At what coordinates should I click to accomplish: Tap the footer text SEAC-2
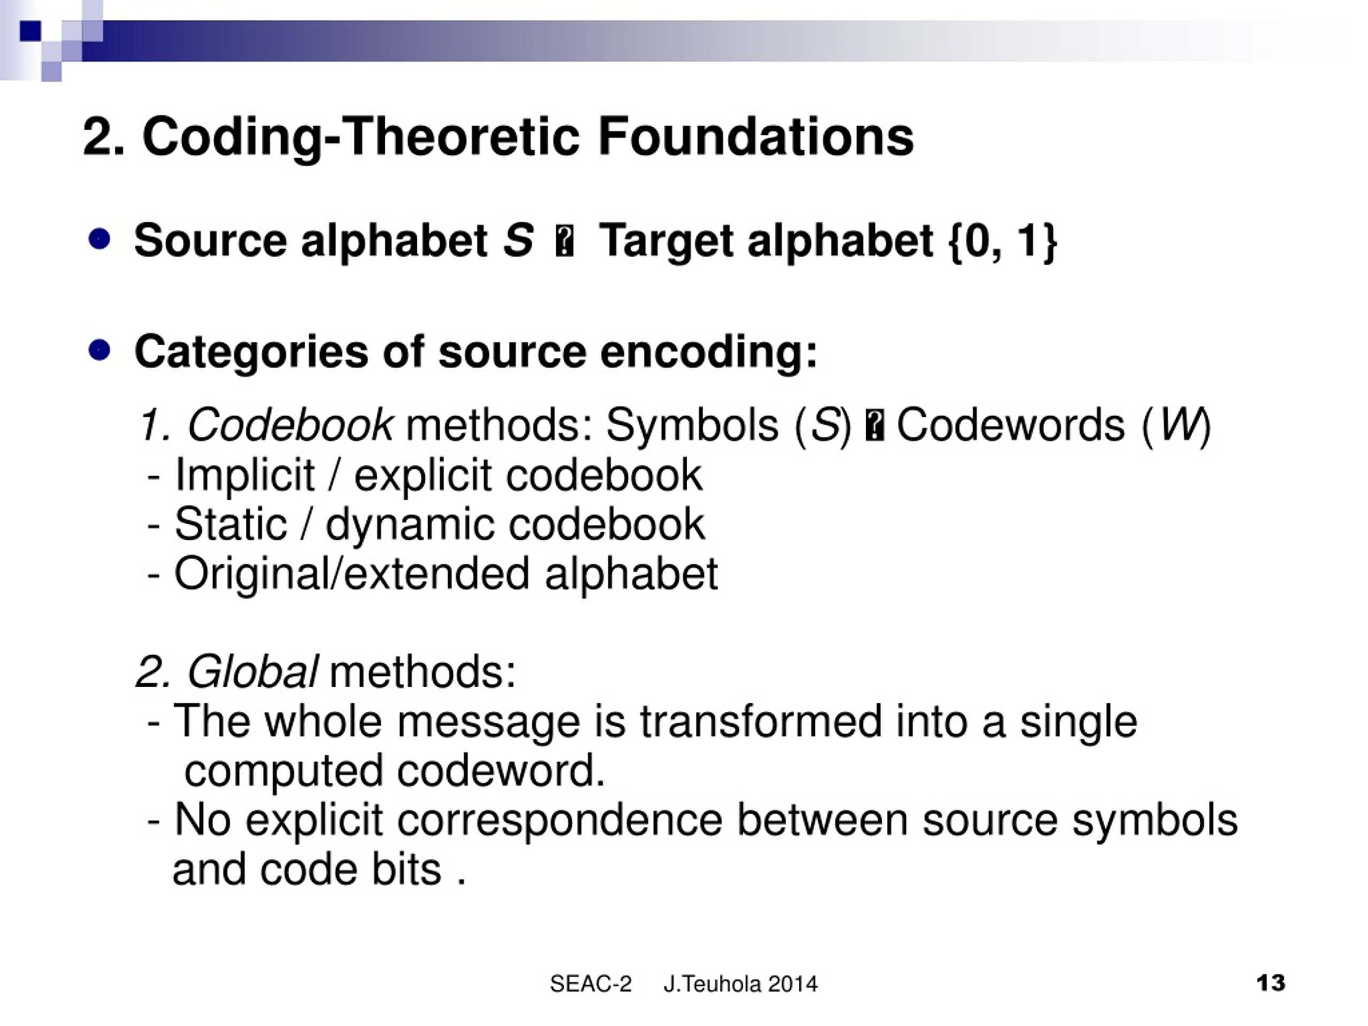coord(590,983)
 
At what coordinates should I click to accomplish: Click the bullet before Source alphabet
coord(99,239)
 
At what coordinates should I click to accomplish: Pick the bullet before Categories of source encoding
coord(99,351)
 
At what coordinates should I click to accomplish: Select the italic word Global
coord(252,672)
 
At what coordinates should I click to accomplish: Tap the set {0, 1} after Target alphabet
coord(1002,240)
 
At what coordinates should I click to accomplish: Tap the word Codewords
coord(1011,425)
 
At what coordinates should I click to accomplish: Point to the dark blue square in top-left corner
coord(31,32)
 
